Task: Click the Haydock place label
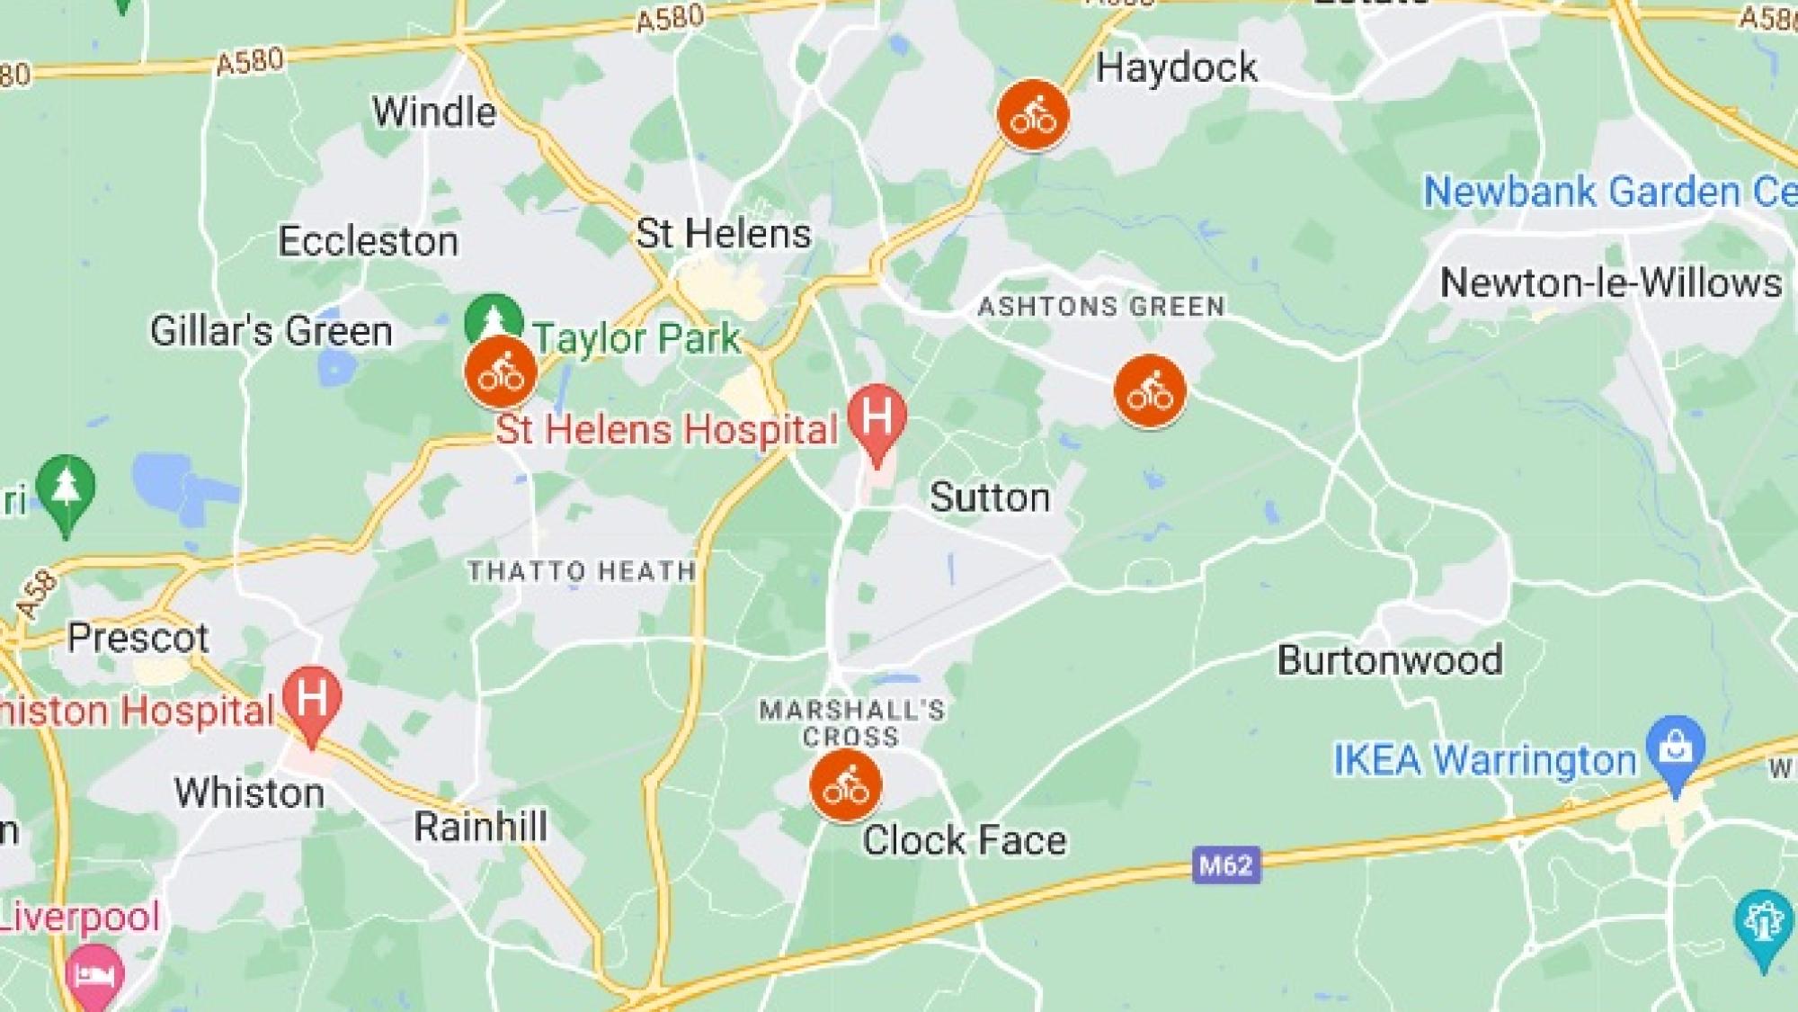[1176, 68]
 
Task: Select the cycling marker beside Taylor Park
[501, 372]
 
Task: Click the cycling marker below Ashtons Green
[1150, 391]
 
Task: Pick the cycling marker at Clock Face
[845, 786]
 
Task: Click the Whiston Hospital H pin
[311, 700]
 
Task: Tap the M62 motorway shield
[1226, 865]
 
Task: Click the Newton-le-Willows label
[1610, 283]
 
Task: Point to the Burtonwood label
[1390, 660]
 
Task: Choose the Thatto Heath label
[582, 571]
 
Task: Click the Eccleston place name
[368, 241]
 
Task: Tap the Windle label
[434, 112]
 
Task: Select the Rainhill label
[480, 827]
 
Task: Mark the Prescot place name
[138, 638]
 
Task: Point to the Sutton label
[990, 497]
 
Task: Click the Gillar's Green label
[271, 331]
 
